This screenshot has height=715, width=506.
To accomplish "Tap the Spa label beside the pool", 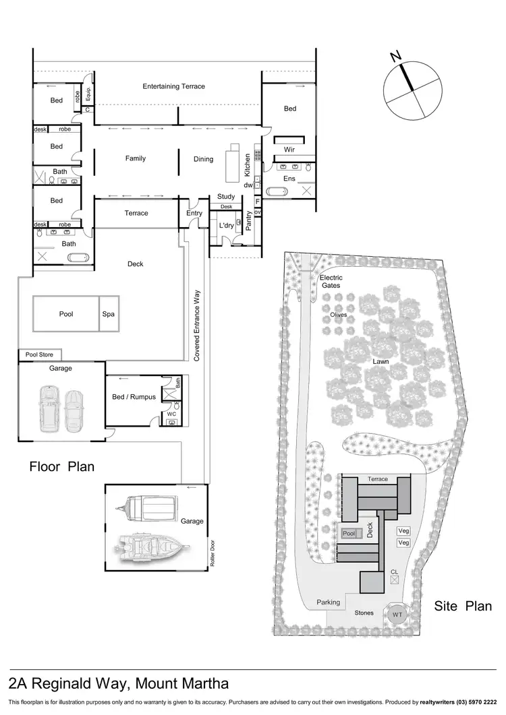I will pyautogui.click(x=108, y=314).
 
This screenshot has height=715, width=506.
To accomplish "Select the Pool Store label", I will pyautogui.click(x=40, y=354).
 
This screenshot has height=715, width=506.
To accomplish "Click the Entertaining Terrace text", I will pyautogui.click(x=173, y=86).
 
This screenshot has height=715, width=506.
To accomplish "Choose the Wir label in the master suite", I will pyautogui.click(x=289, y=150).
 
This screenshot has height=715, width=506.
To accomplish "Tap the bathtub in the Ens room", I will pyautogui.click(x=277, y=192).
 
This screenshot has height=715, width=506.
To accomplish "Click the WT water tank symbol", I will pyautogui.click(x=397, y=615).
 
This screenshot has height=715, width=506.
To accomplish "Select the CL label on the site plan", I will pyautogui.click(x=394, y=572).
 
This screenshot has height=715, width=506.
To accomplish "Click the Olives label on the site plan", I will pyautogui.click(x=339, y=315).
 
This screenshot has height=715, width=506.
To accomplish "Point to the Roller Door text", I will pyautogui.click(x=212, y=554).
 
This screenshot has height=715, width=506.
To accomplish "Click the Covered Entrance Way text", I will pyautogui.click(x=197, y=323).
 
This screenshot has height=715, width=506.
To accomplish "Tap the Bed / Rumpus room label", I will pyautogui.click(x=134, y=397).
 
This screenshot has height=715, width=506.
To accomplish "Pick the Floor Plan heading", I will pyautogui.click(x=61, y=466).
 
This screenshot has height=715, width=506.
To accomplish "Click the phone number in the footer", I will pyautogui.click(x=475, y=702).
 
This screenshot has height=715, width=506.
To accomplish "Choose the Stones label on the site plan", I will pyautogui.click(x=364, y=613).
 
